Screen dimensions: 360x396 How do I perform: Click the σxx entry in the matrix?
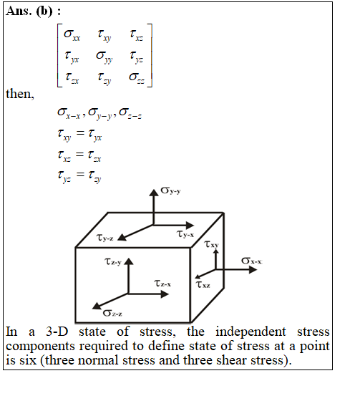tap(72, 35)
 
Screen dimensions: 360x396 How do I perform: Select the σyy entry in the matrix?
tap(104, 57)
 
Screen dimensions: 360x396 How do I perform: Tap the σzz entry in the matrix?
tap(137, 77)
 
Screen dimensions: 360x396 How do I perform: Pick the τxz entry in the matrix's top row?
tap(136, 35)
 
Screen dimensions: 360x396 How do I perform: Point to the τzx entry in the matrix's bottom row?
tap(72, 77)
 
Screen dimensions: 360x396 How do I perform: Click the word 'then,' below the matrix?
tap(20, 94)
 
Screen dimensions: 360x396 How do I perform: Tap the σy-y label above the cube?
tap(170, 190)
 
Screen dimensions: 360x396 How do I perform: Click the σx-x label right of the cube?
tap(252, 261)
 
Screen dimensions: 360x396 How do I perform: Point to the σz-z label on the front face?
tap(112, 314)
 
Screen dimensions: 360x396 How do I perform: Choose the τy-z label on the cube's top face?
tap(104, 238)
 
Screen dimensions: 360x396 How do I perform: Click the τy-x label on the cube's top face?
tap(185, 234)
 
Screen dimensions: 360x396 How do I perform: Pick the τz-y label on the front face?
tap(113, 261)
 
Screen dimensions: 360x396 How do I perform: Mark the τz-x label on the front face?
tap(162, 284)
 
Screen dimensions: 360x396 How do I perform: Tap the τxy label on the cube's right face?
tap(211, 244)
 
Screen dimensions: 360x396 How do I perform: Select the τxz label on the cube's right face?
tap(203, 284)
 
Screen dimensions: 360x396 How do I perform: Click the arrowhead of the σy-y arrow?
tap(153, 193)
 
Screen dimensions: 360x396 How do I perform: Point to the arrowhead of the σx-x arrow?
tap(253, 270)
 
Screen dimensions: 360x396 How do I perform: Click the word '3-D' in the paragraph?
tap(57, 332)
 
